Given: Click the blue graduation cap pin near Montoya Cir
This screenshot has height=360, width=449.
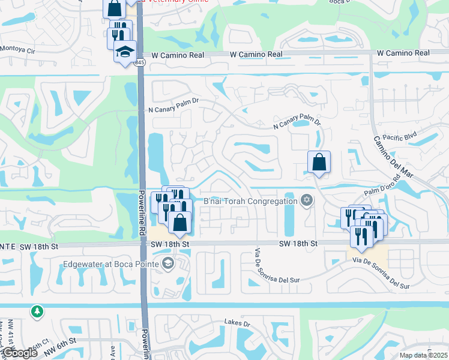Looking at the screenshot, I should [125, 52].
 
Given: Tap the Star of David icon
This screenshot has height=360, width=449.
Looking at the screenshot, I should [307, 200].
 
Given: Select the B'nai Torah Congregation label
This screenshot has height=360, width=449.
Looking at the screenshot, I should [250, 201].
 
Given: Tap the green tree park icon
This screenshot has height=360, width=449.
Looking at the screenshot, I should [37, 311].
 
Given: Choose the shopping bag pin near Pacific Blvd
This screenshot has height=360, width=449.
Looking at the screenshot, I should [319, 162].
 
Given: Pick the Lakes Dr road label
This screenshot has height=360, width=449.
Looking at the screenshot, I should [237, 323].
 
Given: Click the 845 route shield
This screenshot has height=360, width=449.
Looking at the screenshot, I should [140, 62].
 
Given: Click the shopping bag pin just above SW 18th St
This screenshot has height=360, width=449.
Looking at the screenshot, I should [179, 223].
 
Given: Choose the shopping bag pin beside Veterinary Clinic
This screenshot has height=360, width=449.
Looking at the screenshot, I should [114, 8].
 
